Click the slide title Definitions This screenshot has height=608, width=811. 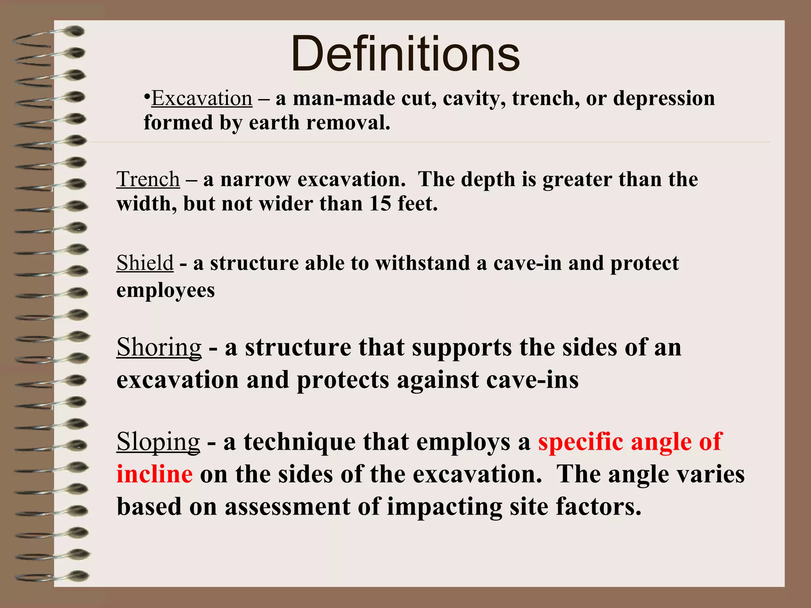[x=405, y=54]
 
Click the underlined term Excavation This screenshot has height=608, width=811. [x=202, y=98]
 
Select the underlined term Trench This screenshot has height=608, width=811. [x=148, y=179]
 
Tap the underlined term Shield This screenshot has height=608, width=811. [x=145, y=263]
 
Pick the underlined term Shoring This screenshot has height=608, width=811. [x=159, y=348]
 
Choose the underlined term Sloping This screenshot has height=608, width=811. [x=158, y=442]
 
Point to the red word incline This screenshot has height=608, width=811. [x=154, y=474]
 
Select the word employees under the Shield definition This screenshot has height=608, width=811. [x=166, y=291]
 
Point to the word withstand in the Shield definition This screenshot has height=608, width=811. [x=423, y=263]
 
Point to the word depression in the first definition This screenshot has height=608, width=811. [x=664, y=98]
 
